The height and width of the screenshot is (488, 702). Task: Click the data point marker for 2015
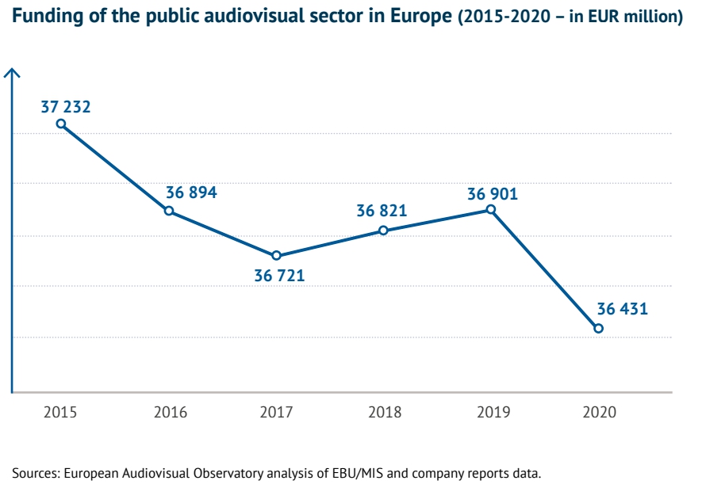click(61, 124)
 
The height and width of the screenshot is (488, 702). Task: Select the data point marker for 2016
click(169, 211)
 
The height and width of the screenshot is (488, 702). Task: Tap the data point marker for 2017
click(276, 255)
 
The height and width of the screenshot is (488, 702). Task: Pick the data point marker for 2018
click(383, 231)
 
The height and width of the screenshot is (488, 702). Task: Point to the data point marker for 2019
click(491, 210)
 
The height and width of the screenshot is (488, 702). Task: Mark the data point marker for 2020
click(599, 328)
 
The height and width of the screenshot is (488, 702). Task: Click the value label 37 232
click(66, 107)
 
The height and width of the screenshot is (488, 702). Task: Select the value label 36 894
click(191, 193)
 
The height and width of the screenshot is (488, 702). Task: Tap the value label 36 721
click(279, 276)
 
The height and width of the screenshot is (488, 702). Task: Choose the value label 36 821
click(382, 211)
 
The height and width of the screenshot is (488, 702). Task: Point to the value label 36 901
click(493, 193)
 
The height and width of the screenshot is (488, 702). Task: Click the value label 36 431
click(623, 309)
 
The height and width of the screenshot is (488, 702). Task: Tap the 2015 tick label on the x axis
click(60, 413)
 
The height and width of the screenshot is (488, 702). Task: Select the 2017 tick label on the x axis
click(276, 413)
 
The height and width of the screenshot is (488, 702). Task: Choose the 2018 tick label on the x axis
click(384, 413)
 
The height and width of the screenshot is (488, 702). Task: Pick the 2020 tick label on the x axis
click(599, 413)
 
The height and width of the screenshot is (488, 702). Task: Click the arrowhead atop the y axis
click(13, 73)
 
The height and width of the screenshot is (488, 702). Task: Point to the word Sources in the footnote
click(35, 474)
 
